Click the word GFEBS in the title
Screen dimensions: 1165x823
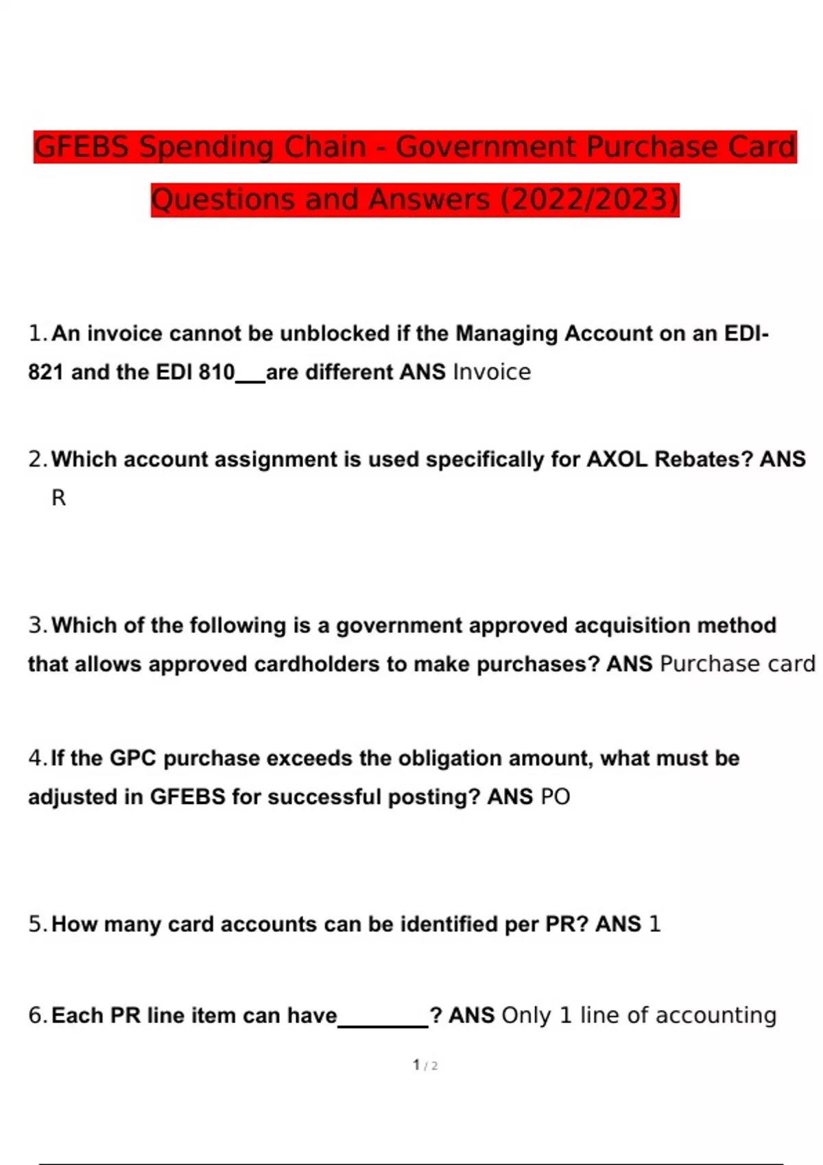click(81, 147)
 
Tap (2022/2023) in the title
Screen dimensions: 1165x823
click(590, 199)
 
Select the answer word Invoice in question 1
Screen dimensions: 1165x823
click(492, 372)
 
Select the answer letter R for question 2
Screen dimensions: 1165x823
click(59, 498)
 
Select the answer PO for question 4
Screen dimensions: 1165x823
click(555, 797)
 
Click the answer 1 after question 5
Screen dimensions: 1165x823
click(654, 924)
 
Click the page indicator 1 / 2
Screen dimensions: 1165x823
click(425, 1066)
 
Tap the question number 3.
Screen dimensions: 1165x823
click(36, 626)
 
